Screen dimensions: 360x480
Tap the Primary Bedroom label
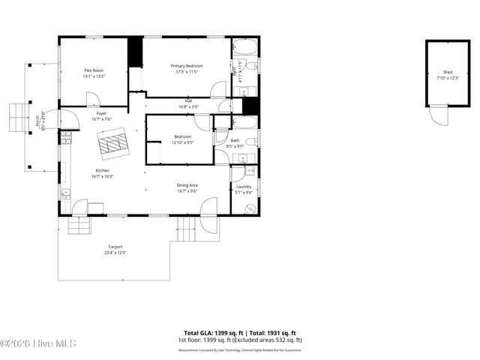click(x=187, y=68)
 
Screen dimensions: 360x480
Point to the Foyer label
click(x=101, y=116)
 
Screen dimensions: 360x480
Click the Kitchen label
click(x=103, y=173)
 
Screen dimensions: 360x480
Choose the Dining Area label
click(x=187, y=188)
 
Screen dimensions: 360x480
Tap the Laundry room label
click(x=244, y=189)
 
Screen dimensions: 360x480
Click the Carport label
click(x=115, y=250)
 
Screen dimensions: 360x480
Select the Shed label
click(x=447, y=76)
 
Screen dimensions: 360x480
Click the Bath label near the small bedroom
click(x=235, y=142)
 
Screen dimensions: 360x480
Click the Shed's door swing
click(x=435, y=117)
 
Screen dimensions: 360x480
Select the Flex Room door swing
click(x=93, y=99)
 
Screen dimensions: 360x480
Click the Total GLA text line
click(x=240, y=333)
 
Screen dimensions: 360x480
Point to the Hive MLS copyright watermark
click(x=38, y=343)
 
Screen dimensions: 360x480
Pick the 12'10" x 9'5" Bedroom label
click(x=182, y=139)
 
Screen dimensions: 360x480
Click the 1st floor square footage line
click(x=240, y=340)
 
